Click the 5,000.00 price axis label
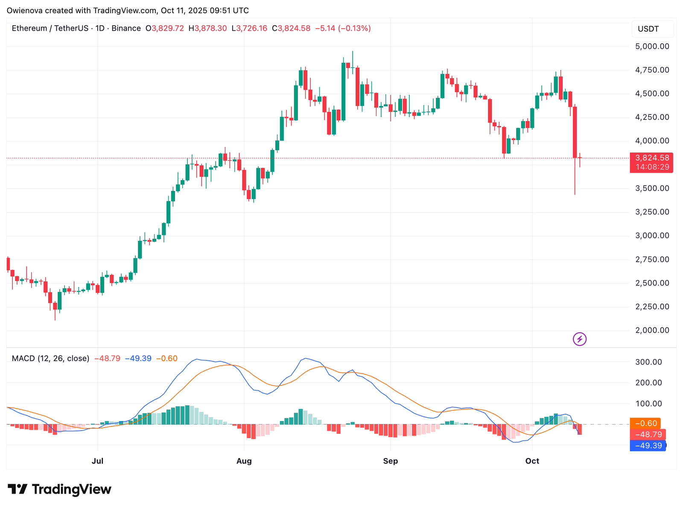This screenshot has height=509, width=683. tap(652, 46)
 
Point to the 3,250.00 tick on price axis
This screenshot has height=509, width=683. tap(652, 212)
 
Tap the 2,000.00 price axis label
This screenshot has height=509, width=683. tap(652, 330)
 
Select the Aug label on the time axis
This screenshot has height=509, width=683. tap(244, 461)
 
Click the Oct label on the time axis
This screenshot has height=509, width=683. tap(532, 461)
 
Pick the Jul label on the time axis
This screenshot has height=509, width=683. tap(98, 461)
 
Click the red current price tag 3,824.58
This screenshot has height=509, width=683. tap(651, 158)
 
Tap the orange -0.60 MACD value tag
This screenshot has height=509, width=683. tap(645, 424)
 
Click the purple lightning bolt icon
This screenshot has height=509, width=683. tap(579, 339)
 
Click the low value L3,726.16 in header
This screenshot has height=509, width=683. tap(249, 29)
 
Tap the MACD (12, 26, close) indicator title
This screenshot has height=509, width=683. tap(50, 359)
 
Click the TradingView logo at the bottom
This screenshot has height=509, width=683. tap(60, 489)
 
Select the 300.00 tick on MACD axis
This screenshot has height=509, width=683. tap(648, 362)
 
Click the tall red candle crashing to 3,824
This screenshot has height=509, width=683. tap(575, 132)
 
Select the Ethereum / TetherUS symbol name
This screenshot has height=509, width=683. tap(50, 29)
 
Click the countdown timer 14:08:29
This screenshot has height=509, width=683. tap(652, 167)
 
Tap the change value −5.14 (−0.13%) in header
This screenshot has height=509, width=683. tap(343, 29)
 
